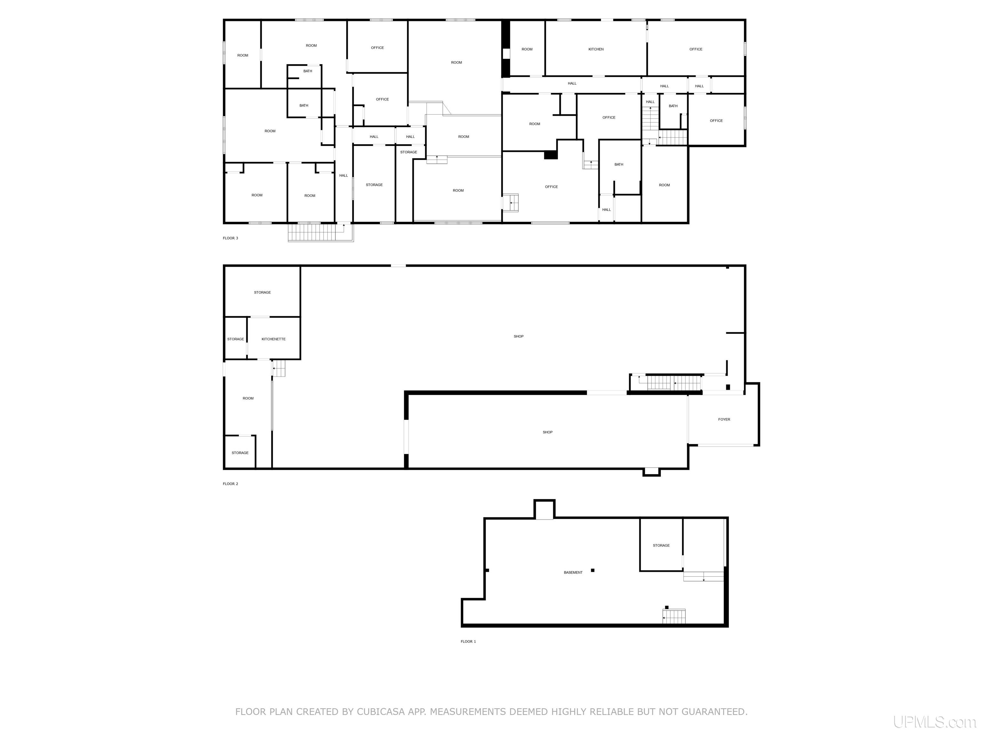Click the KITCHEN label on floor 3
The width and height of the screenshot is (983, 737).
(x=595, y=49)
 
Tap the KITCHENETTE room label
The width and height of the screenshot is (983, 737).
(x=273, y=339)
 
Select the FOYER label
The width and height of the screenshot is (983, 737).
(x=724, y=419)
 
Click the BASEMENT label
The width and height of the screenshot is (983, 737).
(x=573, y=573)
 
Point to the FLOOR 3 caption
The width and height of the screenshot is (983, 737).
(x=230, y=238)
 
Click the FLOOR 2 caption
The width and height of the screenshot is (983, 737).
(x=230, y=484)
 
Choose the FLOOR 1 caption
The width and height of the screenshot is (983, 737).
(x=468, y=641)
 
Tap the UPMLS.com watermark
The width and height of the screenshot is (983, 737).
(x=934, y=722)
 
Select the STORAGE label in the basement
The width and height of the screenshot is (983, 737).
(x=661, y=545)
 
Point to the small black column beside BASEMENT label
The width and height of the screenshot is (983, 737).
(x=592, y=570)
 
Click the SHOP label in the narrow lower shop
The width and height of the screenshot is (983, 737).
(x=547, y=432)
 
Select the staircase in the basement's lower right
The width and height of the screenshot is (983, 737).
(x=674, y=617)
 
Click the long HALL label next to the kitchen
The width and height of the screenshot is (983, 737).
(x=572, y=83)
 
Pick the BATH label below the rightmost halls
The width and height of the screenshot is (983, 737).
(x=673, y=106)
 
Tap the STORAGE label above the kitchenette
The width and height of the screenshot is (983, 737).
(x=262, y=292)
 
